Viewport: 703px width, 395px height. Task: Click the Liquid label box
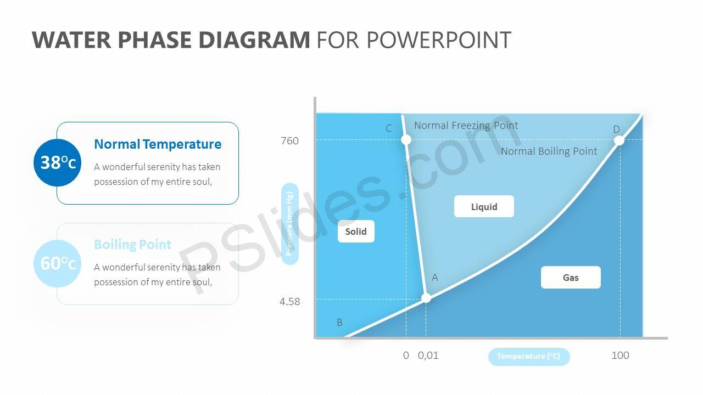click(484, 206)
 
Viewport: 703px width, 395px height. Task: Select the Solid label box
click(356, 232)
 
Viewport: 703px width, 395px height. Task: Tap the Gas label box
click(571, 278)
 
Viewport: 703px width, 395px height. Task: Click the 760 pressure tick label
click(289, 141)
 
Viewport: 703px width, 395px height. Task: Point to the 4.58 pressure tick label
click(289, 302)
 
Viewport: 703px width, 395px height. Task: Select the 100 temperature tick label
click(620, 356)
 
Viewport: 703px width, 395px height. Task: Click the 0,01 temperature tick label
click(428, 356)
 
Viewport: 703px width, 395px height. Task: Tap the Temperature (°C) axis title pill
click(529, 357)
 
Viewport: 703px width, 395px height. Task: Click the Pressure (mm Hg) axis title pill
click(289, 224)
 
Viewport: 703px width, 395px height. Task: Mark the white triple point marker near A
click(426, 298)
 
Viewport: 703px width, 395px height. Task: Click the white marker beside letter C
click(406, 140)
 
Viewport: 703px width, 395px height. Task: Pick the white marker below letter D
click(619, 140)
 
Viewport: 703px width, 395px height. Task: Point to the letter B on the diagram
click(339, 322)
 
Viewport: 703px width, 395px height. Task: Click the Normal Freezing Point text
click(466, 126)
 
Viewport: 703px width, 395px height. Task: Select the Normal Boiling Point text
click(549, 151)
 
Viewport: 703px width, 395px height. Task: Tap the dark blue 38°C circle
click(58, 163)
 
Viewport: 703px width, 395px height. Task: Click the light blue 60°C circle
click(58, 264)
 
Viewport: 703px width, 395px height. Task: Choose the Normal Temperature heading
click(158, 144)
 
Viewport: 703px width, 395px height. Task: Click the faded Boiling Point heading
click(132, 245)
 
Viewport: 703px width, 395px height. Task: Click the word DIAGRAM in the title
click(254, 40)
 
